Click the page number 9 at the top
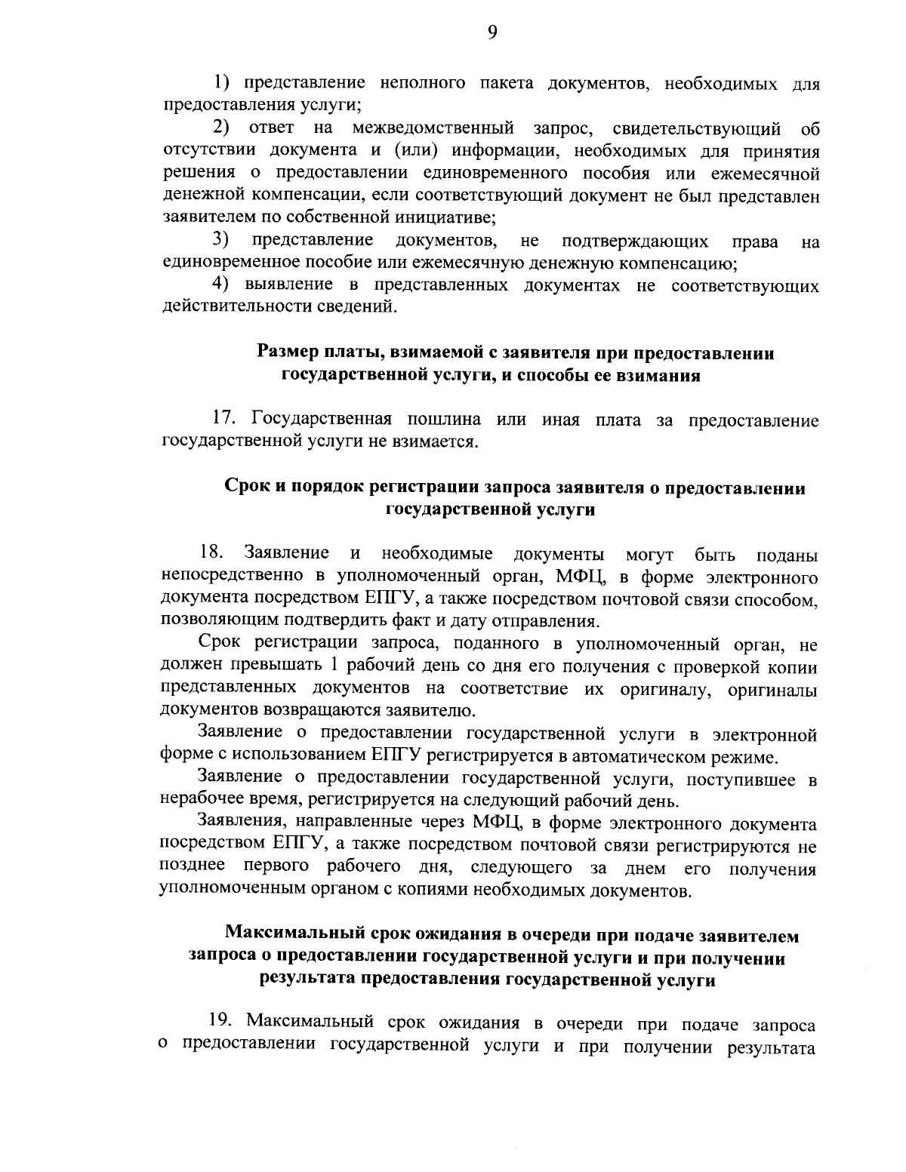491,31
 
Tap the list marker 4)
220,285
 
